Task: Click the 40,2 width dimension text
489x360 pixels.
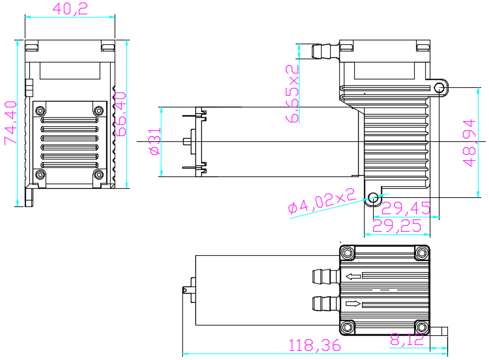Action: point(70,9)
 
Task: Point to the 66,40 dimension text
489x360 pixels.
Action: point(120,114)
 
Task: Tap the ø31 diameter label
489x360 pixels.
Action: point(154,141)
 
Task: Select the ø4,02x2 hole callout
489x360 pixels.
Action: point(322,204)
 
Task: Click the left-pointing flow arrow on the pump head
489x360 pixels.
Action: point(353,277)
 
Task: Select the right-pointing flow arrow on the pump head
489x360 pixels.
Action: point(353,303)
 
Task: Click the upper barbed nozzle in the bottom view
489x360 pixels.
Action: point(323,276)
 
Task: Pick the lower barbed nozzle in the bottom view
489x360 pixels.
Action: point(323,303)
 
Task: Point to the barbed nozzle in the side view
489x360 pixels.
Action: point(324,51)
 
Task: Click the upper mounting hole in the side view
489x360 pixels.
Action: point(441,87)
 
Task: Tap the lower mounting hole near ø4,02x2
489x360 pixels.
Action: point(373,197)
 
